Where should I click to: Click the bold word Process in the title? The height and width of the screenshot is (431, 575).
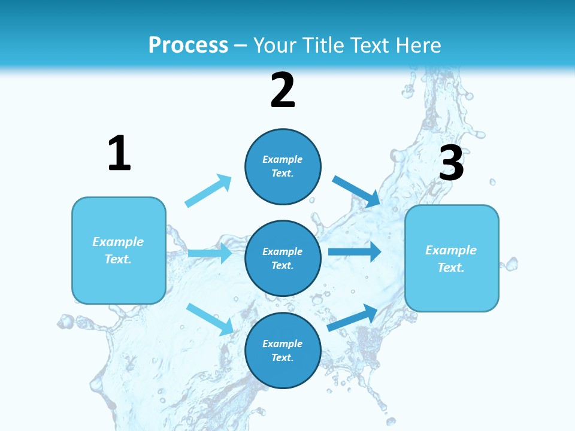click(188, 45)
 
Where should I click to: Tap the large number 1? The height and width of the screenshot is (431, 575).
click(119, 154)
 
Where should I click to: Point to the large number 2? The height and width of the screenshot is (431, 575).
click(283, 91)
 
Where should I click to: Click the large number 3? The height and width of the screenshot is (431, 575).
click(451, 164)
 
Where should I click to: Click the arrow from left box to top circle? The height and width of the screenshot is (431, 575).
click(208, 190)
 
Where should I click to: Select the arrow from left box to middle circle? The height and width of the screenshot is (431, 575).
click(210, 253)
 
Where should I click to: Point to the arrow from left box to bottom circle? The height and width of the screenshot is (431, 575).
click(210, 318)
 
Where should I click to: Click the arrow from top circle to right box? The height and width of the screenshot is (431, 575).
click(356, 191)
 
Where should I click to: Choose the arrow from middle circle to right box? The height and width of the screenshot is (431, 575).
click(355, 251)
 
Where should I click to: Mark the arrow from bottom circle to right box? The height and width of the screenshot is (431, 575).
click(352, 318)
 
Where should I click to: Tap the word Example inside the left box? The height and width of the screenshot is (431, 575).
click(118, 242)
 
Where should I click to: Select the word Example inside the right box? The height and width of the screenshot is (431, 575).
click(451, 250)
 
